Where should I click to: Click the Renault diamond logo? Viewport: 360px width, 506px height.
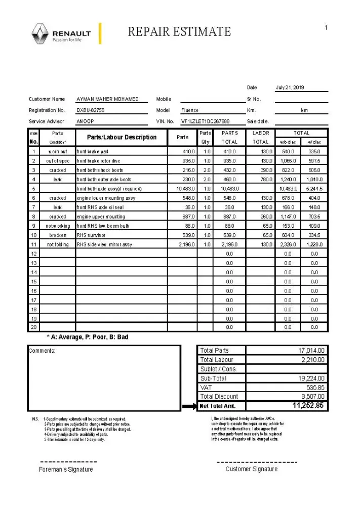tap(40, 34)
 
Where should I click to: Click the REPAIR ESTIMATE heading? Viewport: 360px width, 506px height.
tap(179, 32)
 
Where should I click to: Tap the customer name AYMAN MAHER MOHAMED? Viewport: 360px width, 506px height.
tap(107, 99)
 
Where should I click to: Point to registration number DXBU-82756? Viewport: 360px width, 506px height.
tap(91, 110)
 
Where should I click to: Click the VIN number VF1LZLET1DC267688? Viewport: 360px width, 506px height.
tap(205, 121)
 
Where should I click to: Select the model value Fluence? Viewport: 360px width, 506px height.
tap(190, 110)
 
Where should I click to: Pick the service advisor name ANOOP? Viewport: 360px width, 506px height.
tap(85, 121)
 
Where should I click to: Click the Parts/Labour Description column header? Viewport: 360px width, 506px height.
tap(122, 137)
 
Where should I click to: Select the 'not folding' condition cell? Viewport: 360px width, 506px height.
tap(58, 244)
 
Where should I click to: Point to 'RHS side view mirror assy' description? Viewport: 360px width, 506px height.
tap(104, 244)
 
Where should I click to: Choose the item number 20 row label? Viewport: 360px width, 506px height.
tap(34, 327)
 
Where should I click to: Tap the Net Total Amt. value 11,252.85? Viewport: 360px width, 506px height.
tap(308, 406)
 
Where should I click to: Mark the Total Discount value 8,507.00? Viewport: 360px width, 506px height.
tap(312, 397)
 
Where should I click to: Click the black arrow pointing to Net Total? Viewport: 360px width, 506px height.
tap(188, 406)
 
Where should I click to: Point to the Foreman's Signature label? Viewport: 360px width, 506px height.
tap(66, 470)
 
